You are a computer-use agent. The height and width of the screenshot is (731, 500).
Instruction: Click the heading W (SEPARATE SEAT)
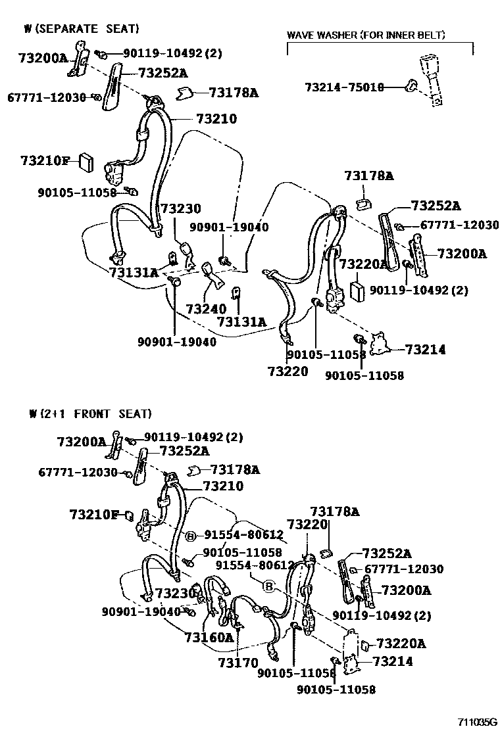(x=82, y=28)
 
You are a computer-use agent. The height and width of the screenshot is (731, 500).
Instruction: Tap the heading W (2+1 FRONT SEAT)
(x=90, y=413)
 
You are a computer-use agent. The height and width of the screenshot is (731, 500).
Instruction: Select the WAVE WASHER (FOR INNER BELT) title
(x=366, y=35)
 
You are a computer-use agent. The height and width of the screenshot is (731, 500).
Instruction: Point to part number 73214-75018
(x=344, y=87)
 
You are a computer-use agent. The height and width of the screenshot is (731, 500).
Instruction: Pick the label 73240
(x=205, y=308)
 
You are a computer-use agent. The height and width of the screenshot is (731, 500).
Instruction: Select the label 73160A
(x=209, y=637)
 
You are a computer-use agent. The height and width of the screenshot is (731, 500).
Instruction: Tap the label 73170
(x=238, y=663)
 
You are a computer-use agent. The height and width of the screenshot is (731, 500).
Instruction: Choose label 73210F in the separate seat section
(x=45, y=160)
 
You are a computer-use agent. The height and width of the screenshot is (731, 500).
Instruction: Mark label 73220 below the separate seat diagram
(x=287, y=371)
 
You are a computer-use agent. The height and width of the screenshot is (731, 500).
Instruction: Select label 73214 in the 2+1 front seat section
(x=393, y=661)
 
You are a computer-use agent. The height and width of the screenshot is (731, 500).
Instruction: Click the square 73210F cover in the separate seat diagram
(x=86, y=160)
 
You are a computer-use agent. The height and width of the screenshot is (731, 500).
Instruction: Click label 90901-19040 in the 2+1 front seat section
(x=141, y=611)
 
